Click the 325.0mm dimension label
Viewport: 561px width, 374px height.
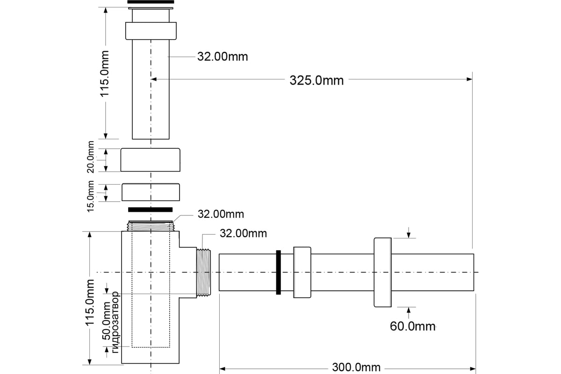316,80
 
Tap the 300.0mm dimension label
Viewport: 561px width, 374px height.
356,367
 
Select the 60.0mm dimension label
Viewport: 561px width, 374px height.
412,326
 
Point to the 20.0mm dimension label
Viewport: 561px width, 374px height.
91,157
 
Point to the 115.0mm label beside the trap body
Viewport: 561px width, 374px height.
91,304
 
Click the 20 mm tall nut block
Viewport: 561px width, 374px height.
150,160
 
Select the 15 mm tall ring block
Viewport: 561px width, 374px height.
150,192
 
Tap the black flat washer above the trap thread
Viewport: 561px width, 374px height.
150,209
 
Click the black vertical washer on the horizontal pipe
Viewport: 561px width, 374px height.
279,273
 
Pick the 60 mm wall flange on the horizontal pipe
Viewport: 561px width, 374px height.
382,273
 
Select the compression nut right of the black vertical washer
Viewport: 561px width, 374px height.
302,273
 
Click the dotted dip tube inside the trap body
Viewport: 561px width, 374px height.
151,290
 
